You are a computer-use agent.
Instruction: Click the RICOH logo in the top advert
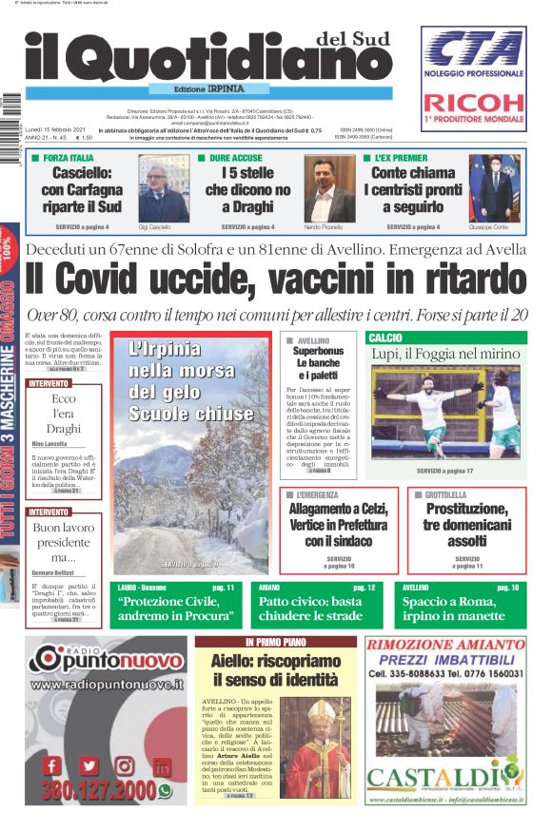coord(473,102)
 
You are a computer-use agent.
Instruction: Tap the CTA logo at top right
coord(473,48)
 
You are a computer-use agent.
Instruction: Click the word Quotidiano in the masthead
coord(229,62)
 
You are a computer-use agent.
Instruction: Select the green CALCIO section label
coord(386,338)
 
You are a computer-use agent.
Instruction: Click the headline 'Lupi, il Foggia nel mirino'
coord(445,355)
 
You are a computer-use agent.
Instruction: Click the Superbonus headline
coord(318,362)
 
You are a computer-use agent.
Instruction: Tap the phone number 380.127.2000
coord(98,791)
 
